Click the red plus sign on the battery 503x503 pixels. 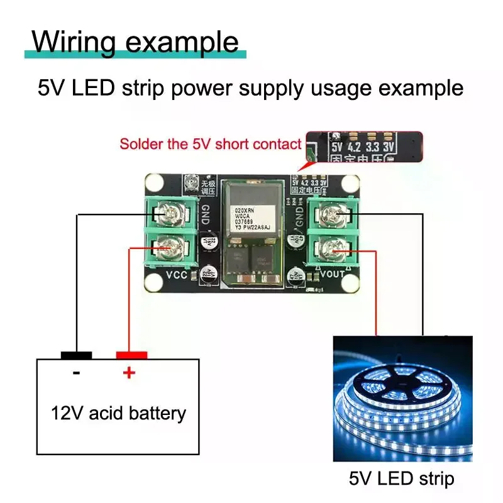pos(128,373)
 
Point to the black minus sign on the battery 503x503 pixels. pos(77,373)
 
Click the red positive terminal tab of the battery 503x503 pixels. pos(131,355)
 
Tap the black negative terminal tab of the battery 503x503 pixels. pos(77,355)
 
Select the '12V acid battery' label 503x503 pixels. pos(119,413)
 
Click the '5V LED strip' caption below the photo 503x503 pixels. pos(401,478)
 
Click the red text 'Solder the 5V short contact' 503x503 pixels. pos(211,144)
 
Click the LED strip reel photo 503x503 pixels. pos(402,399)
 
